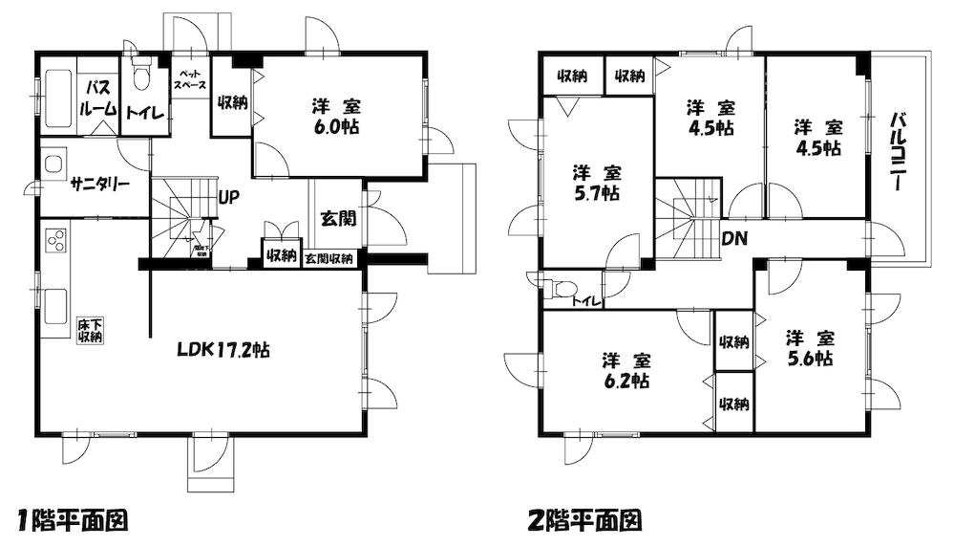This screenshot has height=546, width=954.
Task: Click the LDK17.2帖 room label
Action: coord(222,350)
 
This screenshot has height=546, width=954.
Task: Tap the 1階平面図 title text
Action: coord(73,521)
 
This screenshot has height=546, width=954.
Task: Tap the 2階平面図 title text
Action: coord(583,521)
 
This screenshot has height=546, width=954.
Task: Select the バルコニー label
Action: coord(898,153)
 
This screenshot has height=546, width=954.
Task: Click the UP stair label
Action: coord(228,199)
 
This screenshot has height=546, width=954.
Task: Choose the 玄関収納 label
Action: coord(329,258)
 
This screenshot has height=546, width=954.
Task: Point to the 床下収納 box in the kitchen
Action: coord(91,331)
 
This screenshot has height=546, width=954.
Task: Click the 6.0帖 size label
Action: coord(336,128)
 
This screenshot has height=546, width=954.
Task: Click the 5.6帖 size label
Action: coord(810,360)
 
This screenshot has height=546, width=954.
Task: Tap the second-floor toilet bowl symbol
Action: coord(563,287)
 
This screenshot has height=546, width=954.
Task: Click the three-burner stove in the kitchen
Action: coord(55,239)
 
